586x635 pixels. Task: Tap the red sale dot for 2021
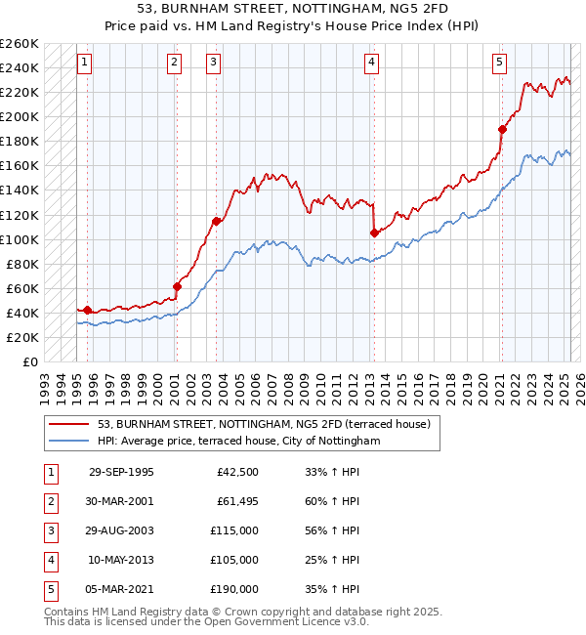click(x=502, y=129)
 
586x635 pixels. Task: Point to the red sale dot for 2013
click(x=374, y=233)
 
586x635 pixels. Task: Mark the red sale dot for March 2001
click(x=178, y=286)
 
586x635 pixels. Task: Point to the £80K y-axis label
click(x=22, y=264)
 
